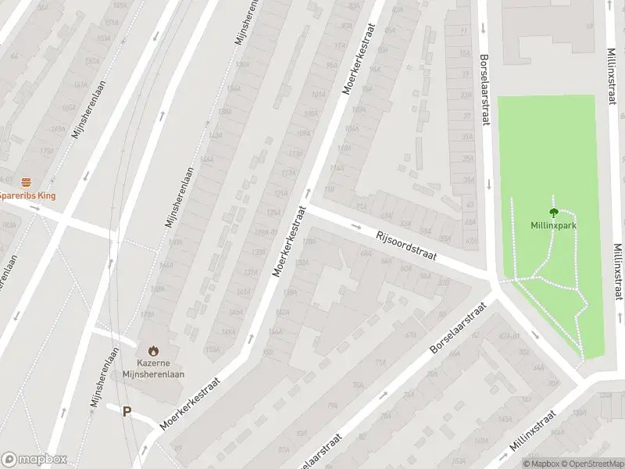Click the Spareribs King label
click(x=28, y=195)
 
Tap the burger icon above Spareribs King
click(x=26, y=181)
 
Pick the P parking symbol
click(x=127, y=411)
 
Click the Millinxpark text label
click(x=554, y=225)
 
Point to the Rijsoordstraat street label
click(x=405, y=245)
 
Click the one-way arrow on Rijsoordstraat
click(x=356, y=227)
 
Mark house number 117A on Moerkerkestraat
click(x=289, y=173)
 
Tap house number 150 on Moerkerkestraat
click(x=268, y=352)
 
